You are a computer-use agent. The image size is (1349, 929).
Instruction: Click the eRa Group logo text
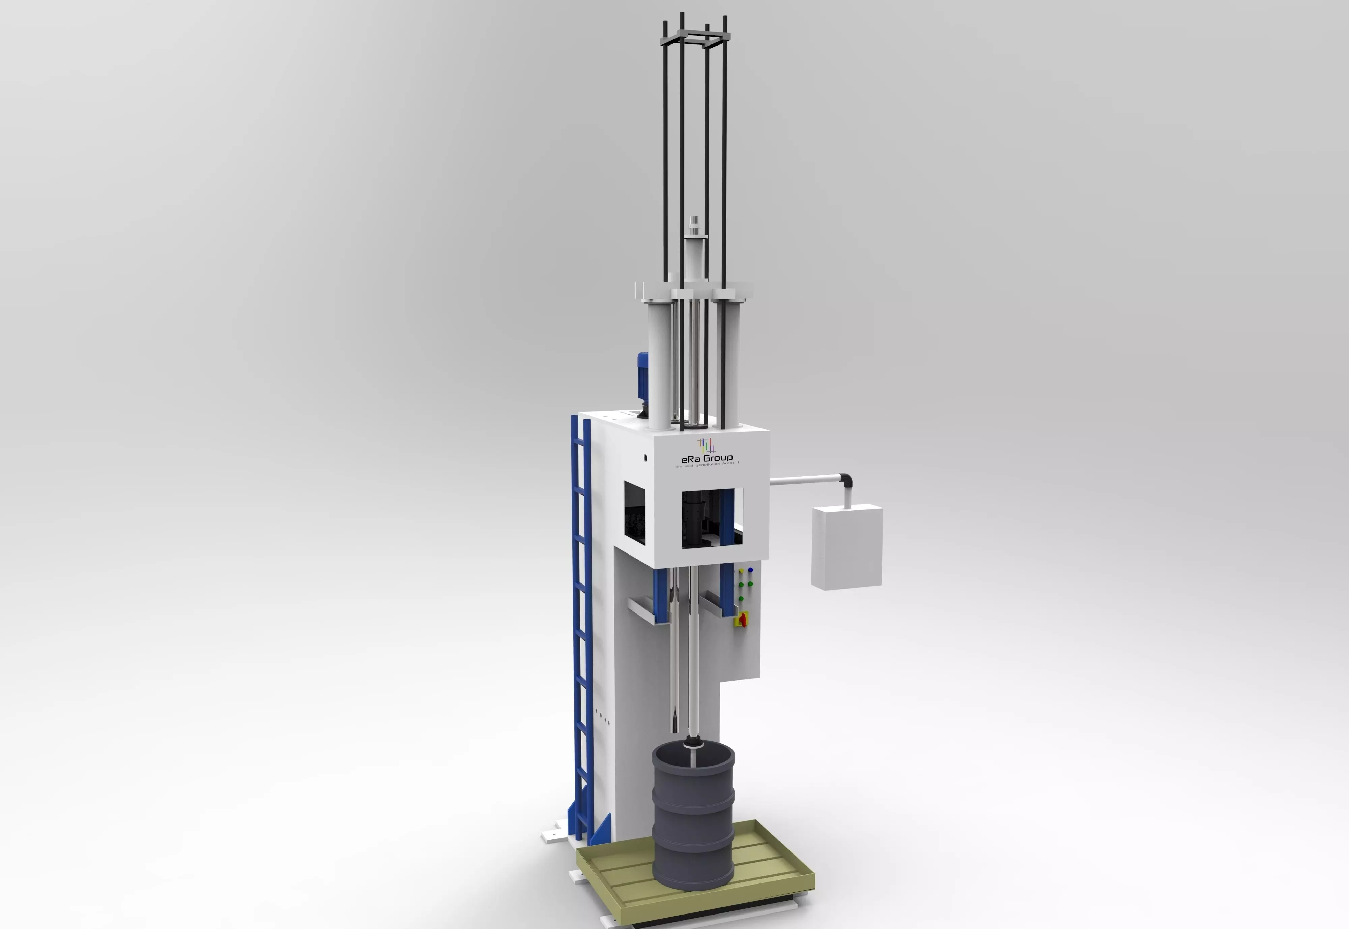707,458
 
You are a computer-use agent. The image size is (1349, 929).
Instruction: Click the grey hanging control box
847,547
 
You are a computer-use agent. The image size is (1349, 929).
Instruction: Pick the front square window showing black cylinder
712,518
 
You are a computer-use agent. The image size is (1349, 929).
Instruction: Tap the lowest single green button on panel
741,598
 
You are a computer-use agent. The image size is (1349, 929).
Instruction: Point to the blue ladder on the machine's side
582,629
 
